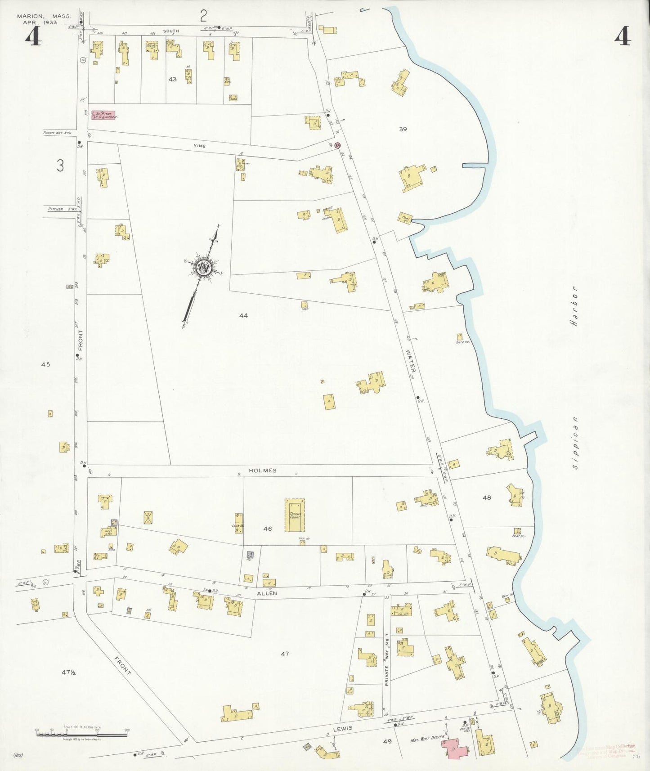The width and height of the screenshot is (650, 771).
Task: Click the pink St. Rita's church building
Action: [103, 115]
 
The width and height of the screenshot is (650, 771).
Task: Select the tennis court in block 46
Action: [295, 515]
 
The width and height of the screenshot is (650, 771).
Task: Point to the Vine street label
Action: [199, 146]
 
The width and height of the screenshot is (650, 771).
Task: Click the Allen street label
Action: [267, 593]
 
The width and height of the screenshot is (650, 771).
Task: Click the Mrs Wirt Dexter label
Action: [427, 738]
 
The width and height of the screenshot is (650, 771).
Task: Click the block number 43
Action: [172, 79]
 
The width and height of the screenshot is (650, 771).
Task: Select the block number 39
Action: [403, 129]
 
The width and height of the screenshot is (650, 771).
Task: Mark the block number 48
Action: [487, 498]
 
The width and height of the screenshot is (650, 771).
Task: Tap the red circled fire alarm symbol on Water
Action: [338, 146]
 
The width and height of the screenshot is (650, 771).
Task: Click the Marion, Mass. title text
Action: [44, 16]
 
